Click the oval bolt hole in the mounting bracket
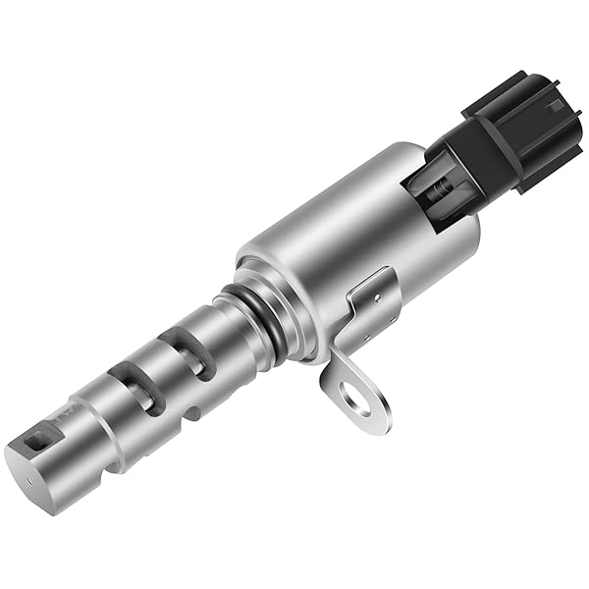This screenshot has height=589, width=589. [x=357, y=398]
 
